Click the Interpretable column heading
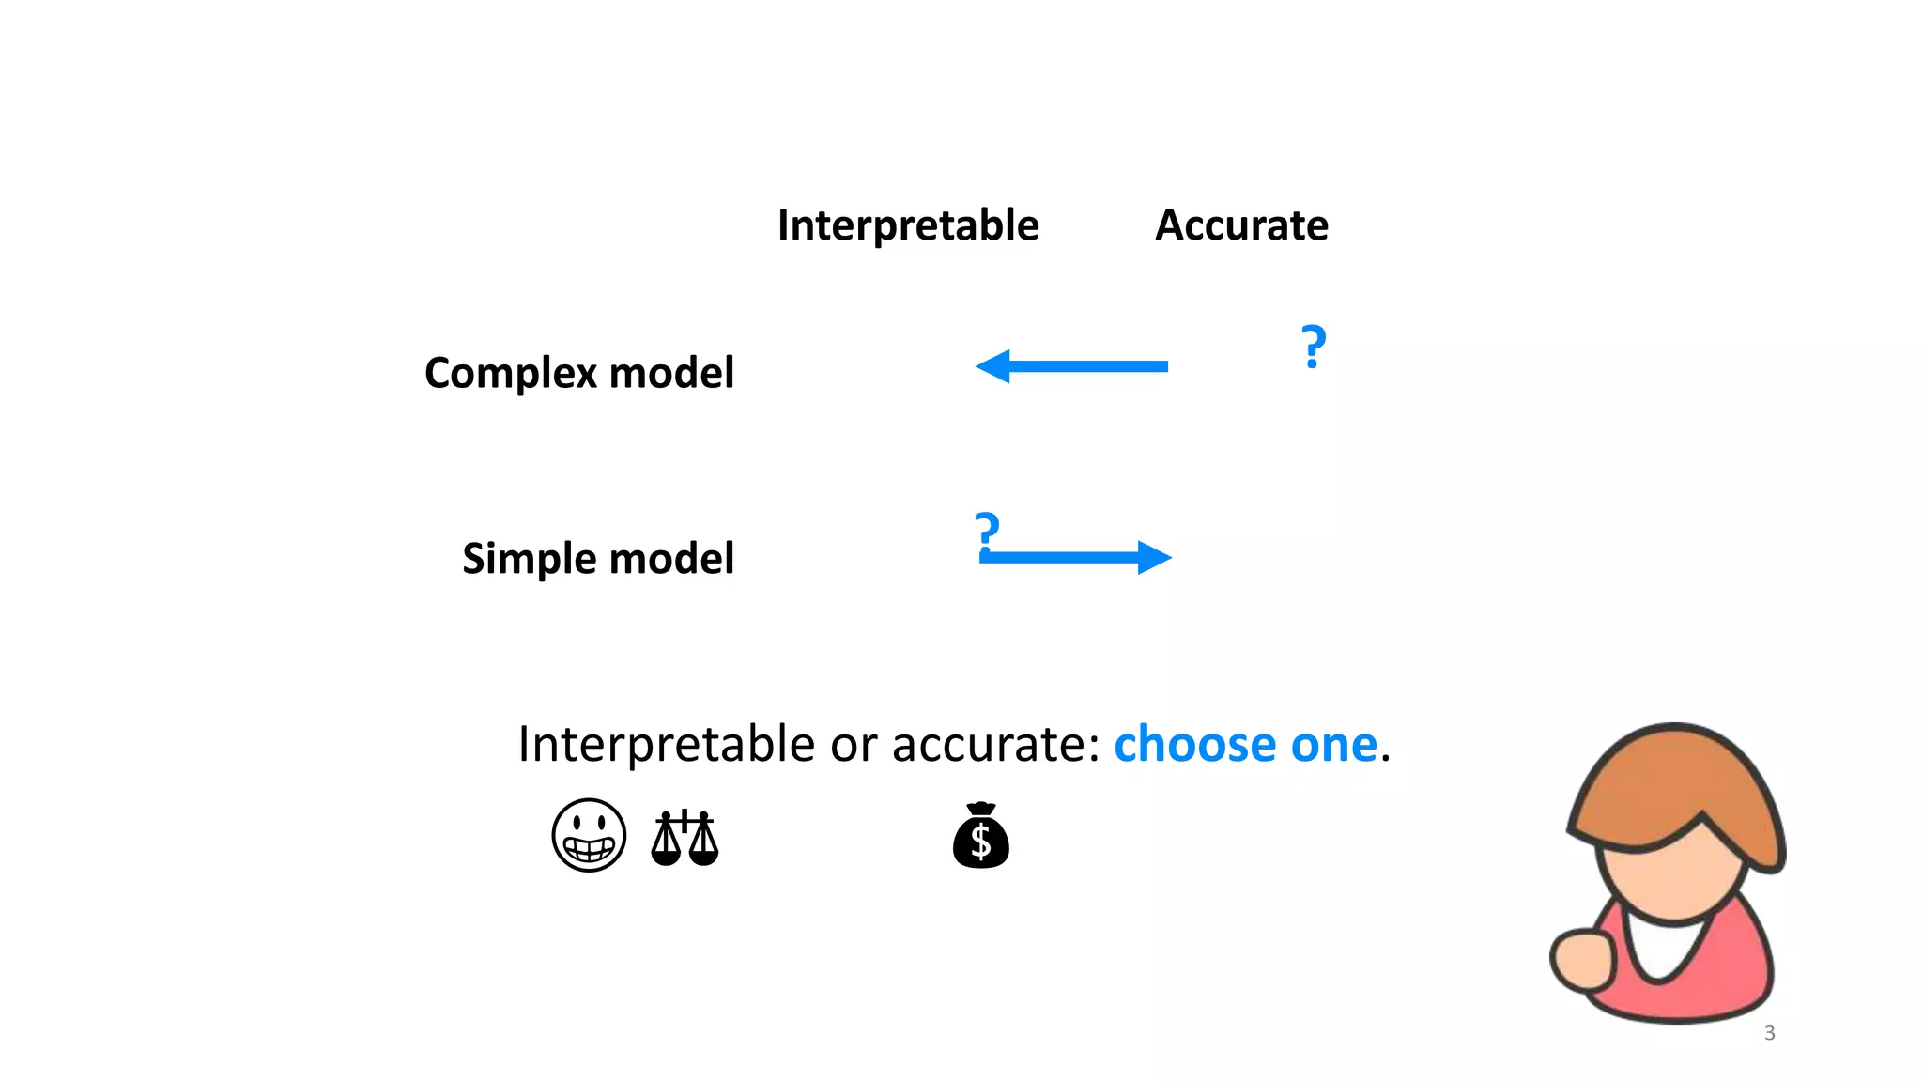pos(908,225)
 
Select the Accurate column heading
pos(1241,225)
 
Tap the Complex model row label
pos(578,373)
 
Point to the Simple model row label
pos(598,559)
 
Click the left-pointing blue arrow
pos(1070,366)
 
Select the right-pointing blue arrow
pos(1076,557)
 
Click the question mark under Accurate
pos(1314,347)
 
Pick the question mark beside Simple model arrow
pos(986,532)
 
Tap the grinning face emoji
pos(589,835)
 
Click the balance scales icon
pos(685,837)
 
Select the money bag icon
pos(980,836)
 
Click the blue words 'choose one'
pos(1245,745)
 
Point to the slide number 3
pos(1769,1033)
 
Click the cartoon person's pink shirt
pos(1728,967)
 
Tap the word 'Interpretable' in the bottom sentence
pos(666,745)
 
